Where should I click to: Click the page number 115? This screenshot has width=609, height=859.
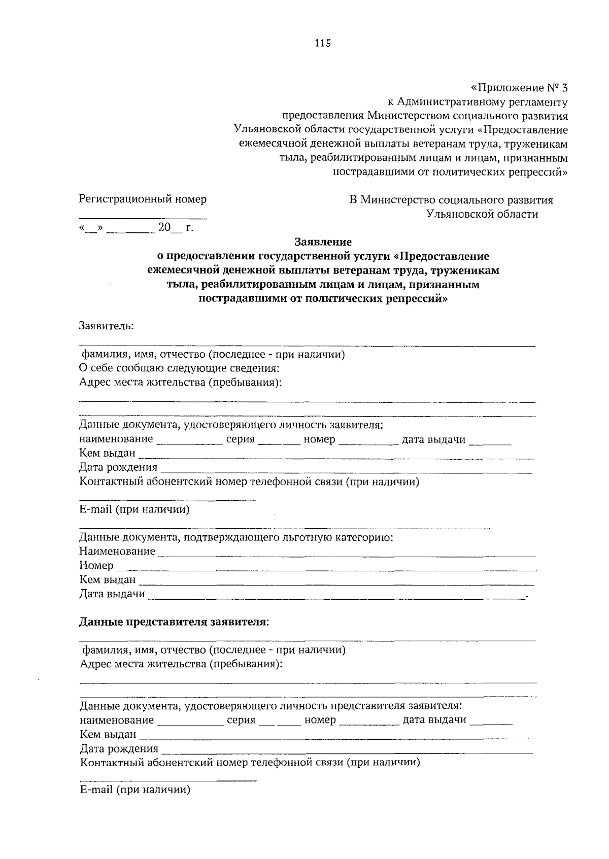coord(322,43)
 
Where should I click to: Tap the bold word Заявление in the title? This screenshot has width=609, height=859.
coord(323,242)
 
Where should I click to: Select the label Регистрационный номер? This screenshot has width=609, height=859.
coord(143,199)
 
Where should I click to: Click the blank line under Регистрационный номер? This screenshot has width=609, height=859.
coord(143,217)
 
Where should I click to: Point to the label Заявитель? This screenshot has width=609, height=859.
coord(107,326)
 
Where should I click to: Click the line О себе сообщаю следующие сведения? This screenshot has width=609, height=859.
coord(180,368)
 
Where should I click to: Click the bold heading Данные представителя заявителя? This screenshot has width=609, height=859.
coord(173,622)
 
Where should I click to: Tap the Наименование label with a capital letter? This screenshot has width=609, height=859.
coord(117,551)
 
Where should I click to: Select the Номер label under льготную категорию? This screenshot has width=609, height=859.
coord(96,565)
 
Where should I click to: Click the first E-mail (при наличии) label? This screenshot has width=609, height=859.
coord(134,509)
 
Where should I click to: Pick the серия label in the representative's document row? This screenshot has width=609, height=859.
coord(241,720)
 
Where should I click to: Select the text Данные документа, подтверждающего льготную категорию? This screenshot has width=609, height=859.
coord(236,537)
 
